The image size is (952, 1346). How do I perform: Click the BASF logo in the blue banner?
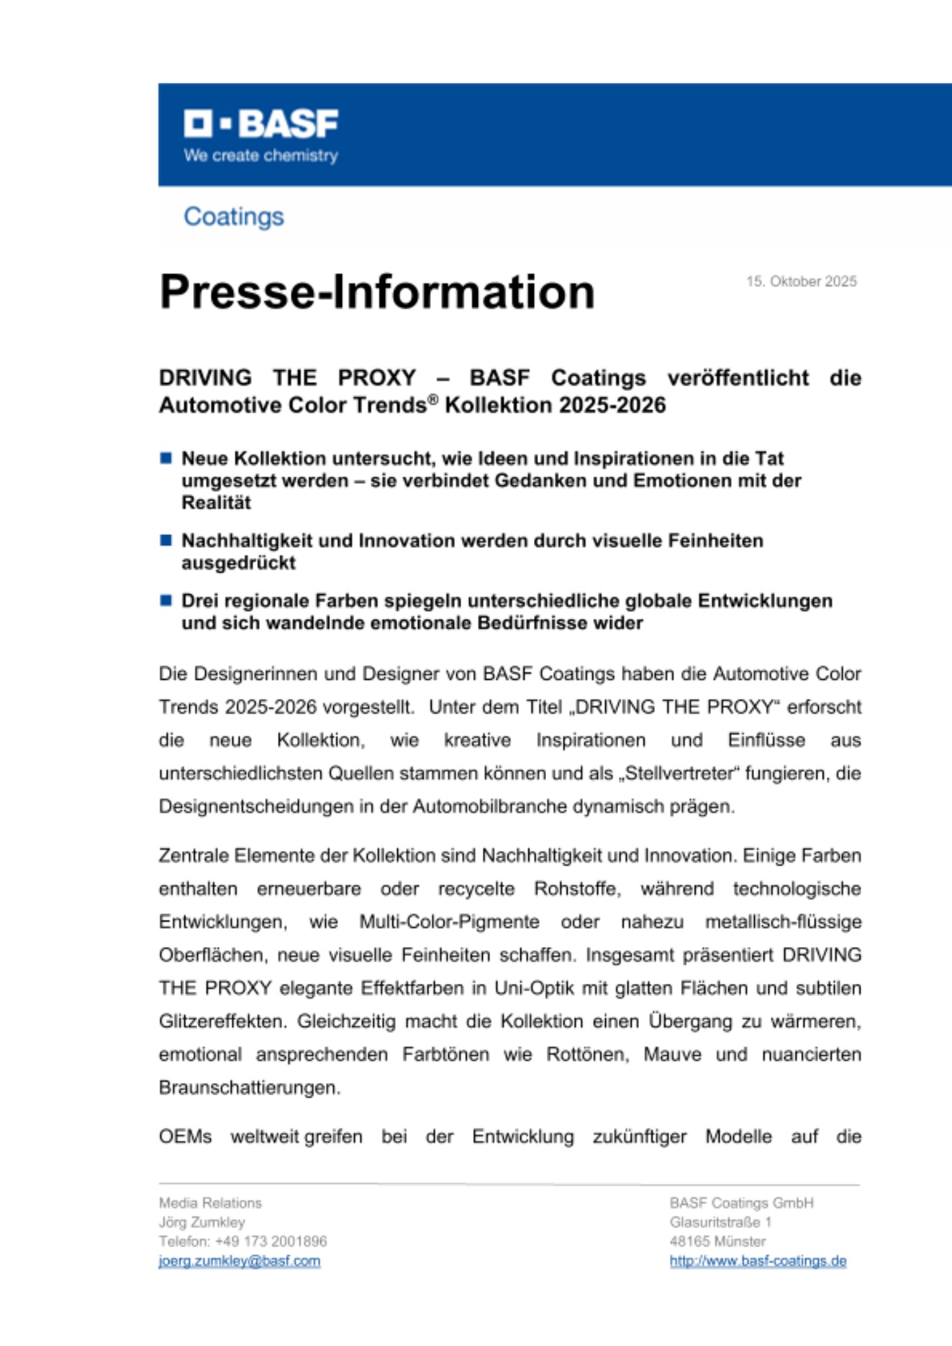261,124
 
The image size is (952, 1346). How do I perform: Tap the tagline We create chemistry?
261,155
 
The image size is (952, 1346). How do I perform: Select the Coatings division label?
234,217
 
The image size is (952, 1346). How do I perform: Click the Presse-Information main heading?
377,292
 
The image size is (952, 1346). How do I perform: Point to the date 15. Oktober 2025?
801,281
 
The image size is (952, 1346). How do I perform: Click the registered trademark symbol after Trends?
433,400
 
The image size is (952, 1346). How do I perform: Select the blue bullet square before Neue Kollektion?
166,458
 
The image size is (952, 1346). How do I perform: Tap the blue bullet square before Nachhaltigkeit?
166,540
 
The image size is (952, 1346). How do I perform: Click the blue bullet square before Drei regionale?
166,600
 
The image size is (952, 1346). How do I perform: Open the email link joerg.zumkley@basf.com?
239,1261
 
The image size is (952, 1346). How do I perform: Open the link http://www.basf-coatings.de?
757,1261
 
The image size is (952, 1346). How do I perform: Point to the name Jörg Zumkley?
202,1222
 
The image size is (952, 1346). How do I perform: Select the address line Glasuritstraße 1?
720,1222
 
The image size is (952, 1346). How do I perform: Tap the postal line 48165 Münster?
717,1241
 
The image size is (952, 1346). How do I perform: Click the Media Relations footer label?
210,1203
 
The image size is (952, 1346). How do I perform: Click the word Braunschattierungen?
248,1088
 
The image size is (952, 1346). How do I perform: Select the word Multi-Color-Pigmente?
449,921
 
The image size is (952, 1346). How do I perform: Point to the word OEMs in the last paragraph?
185,1137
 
